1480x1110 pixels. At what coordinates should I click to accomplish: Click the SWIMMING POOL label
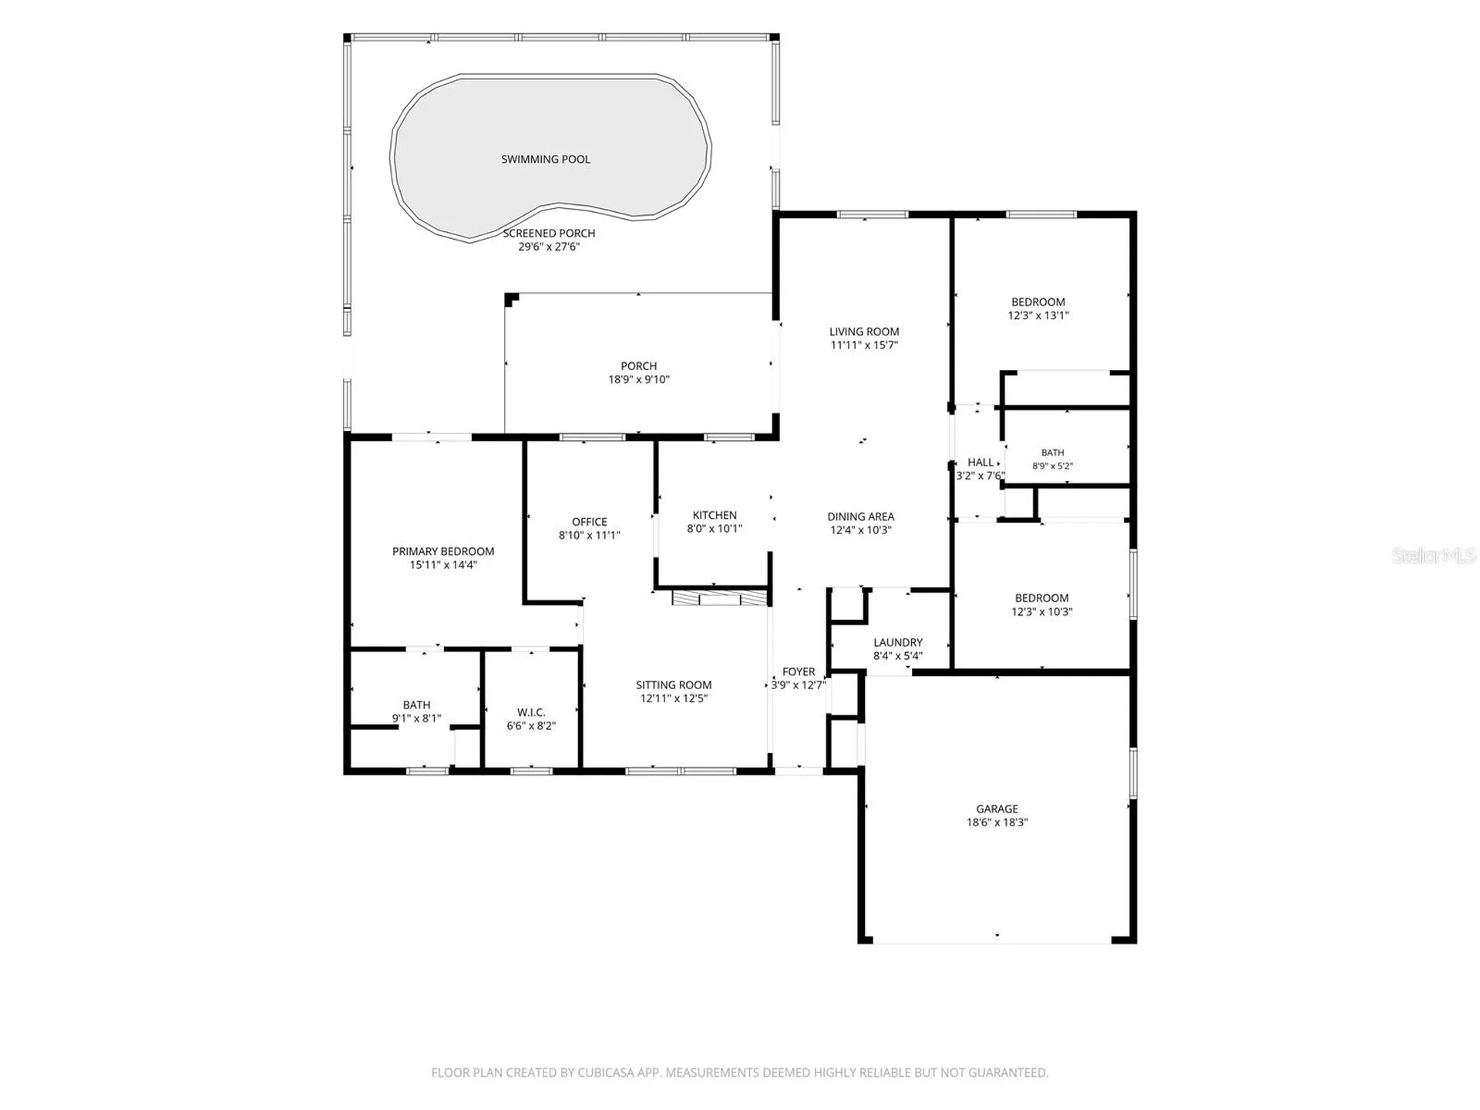click(546, 160)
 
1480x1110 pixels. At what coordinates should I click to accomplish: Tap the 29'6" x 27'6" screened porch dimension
click(549, 247)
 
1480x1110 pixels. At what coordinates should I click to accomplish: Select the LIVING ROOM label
click(864, 331)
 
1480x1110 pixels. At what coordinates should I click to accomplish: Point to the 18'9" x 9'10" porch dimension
click(639, 379)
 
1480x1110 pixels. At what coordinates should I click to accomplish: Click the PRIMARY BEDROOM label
click(443, 551)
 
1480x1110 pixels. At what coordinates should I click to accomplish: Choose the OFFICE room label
click(590, 522)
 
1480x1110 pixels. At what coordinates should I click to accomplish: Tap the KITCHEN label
click(715, 515)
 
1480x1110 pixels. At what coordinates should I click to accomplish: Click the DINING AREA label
click(861, 516)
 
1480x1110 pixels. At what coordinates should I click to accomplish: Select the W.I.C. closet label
click(531, 712)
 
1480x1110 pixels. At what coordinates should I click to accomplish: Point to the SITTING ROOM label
click(674, 684)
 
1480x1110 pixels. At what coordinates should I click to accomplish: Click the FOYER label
click(799, 671)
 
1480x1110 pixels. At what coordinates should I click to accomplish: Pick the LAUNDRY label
click(898, 642)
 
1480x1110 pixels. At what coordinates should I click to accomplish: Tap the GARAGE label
click(997, 809)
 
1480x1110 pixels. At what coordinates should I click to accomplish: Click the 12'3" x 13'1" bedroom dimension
click(1038, 315)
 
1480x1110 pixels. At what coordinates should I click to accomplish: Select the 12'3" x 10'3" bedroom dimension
click(1042, 612)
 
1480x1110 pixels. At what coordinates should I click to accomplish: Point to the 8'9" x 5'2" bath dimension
click(1053, 466)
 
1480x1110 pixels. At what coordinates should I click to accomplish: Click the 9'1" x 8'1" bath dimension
click(417, 718)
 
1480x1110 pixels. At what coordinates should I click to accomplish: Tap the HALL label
click(980, 462)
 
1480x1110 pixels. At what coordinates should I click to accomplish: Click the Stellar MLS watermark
click(1434, 555)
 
